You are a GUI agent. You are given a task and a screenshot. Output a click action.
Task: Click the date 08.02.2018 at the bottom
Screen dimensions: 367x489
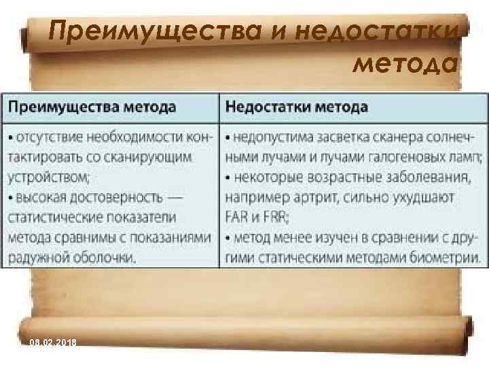tap(52, 343)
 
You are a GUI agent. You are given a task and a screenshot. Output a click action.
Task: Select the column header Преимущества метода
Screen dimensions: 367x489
tap(92, 107)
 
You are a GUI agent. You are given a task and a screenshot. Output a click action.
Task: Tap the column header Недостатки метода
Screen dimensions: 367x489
tap(296, 107)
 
